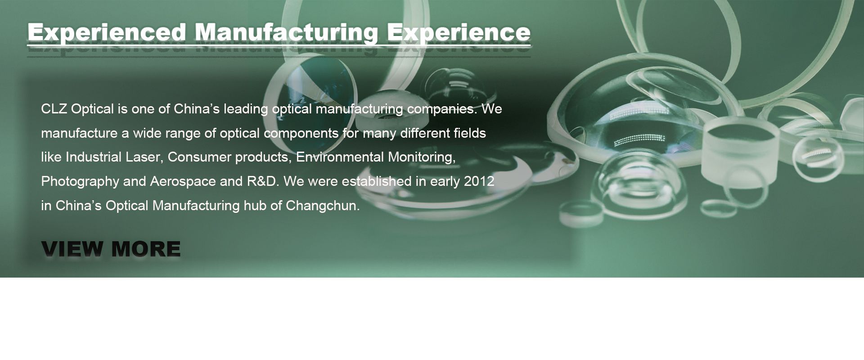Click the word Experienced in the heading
[x=107, y=32]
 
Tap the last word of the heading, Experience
[x=459, y=32]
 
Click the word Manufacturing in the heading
[x=287, y=32]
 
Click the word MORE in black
[x=145, y=249]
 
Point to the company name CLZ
[x=54, y=109]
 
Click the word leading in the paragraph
[x=246, y=109]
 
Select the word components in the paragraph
[x=301, y=134]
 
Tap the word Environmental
[x=340, y=157]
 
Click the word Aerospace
[x=183, y=182]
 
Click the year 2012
[x=479, y=181]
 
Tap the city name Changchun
[x=323, y=206]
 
